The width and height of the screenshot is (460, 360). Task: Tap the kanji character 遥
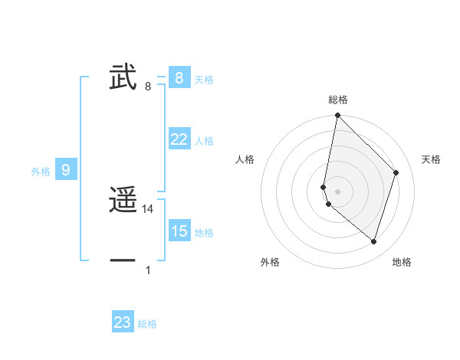point(123,201)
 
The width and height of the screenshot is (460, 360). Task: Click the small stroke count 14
point(148,209)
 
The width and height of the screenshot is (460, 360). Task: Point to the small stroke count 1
point(148,270)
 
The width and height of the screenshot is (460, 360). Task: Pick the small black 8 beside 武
point(148,87)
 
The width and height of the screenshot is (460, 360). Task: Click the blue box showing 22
point(179,139)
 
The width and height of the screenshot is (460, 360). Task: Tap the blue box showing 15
point(179,231)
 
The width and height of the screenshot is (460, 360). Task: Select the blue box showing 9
point(66,170)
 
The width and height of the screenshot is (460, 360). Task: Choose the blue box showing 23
point(123,322)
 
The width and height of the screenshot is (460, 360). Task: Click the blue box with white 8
point(179,78)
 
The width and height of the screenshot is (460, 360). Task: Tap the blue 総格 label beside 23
point(148,324)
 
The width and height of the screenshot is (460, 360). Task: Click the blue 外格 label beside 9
point(41,172)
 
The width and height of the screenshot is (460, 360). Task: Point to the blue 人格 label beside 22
point(204,141)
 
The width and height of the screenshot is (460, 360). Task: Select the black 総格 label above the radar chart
point(338,100)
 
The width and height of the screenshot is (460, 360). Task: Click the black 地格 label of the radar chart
point(402,263)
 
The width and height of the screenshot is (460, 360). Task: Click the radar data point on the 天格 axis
point(396,172)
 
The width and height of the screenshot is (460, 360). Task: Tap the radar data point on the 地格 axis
point(373,241)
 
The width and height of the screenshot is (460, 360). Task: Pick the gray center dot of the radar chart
point(338,191)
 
